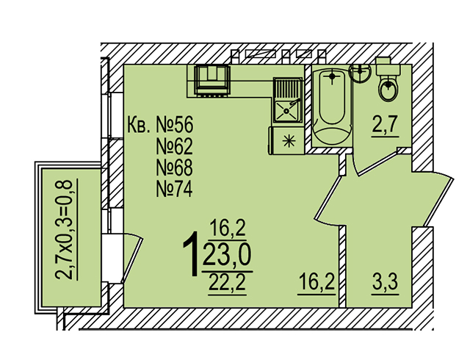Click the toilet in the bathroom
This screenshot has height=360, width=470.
pyautogui.click(x=388, y=85)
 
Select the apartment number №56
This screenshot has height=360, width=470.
pyautogui.click(x=174, y=123)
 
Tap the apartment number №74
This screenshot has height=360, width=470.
pyautogui.click(x=174, y=189)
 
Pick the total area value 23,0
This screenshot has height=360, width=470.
pyautogui.click(x=226, y=256)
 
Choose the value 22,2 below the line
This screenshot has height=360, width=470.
pyautogui.click(x=226, y=280)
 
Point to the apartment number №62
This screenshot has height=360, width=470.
pyautogui.click(x=174, y=145)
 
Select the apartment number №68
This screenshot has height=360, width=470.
pyautogui.click(x=174, y=167)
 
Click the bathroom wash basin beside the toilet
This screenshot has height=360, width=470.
pyautogui.click(x=360, y=73)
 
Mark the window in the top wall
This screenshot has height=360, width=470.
pyautogui.click(x=272, y=54)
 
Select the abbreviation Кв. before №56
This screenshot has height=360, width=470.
pyautogui.click(x=140, y=123)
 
